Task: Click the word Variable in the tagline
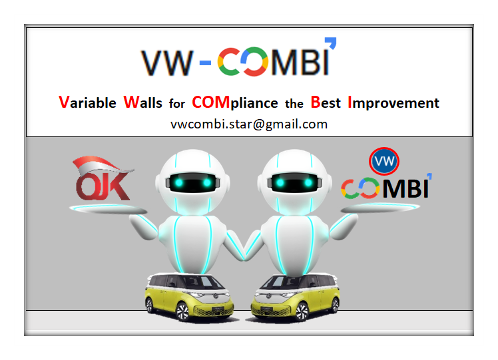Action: click(87, 102)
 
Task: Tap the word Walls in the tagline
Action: click(142, 102)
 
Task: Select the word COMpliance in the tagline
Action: click(235, 103)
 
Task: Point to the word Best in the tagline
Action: click(325, 102)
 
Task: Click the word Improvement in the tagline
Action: click(393, 103)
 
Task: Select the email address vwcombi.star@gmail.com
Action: click(249, 124)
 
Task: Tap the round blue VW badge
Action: click(384, 161)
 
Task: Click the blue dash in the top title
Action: click(205, 63)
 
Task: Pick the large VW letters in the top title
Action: click(167, 63)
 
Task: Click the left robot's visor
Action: click(192, 182)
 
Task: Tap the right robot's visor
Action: click(294, 182)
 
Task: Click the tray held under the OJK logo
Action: click(108, 209)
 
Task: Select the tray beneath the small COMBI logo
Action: click(380, 208)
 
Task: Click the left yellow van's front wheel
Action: click(182, 311)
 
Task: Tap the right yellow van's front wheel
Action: click(302, 311)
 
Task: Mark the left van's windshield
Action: click(203, 282)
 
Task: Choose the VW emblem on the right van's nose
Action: click(269, 297)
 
